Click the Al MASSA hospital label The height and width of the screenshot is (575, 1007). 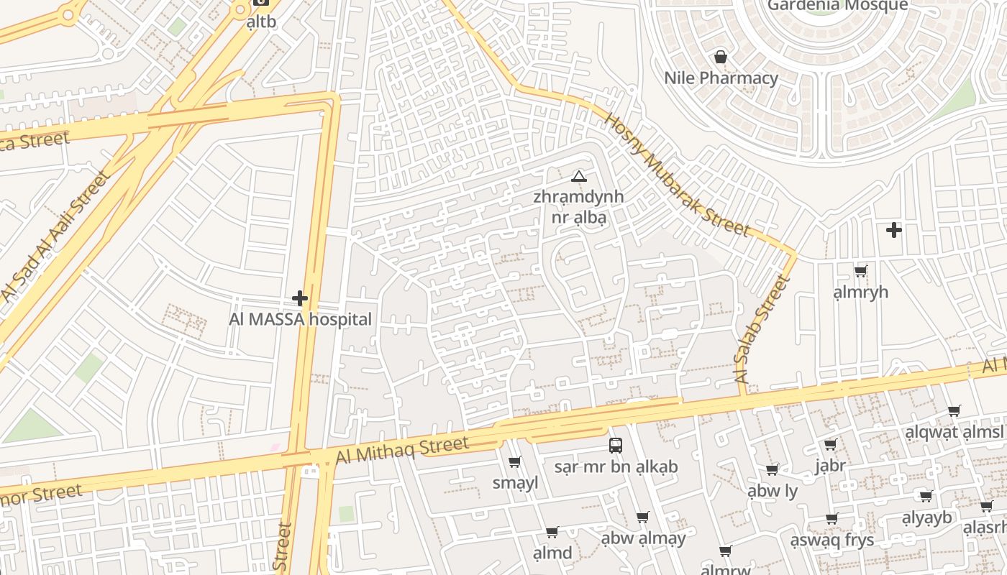pos(300,319)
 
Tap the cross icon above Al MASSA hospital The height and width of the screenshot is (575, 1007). pos(300,298)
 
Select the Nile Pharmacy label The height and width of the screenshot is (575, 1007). pos(721,78)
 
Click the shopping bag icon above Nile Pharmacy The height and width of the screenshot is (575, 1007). pos(720,57)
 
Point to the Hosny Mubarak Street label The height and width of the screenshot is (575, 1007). pos(677,175)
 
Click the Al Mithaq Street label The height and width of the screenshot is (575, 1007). pos(402,449)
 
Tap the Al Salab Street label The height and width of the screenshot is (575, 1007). pos(762,329)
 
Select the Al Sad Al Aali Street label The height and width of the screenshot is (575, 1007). pos(54,236)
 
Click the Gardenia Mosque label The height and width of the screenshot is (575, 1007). pos(837,6)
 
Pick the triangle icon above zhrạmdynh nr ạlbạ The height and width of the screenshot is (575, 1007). pos(578,176)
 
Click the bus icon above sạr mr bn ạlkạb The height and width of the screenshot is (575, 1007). pos(616,446)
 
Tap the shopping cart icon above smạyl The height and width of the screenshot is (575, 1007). pos(515,462)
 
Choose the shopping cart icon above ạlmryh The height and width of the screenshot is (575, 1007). pos(860,272)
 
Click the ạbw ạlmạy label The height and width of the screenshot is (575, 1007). pos(643,538)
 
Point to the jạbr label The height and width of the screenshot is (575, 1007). pos(830,466)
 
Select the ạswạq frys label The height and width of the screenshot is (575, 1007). pos(832,540)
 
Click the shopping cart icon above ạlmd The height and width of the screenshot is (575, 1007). pos(552,533)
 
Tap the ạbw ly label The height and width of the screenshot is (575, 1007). pos(773,491)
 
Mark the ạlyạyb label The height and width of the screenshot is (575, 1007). pos(926,517)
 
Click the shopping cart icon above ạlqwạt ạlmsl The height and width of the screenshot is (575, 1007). pos(954,411)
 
